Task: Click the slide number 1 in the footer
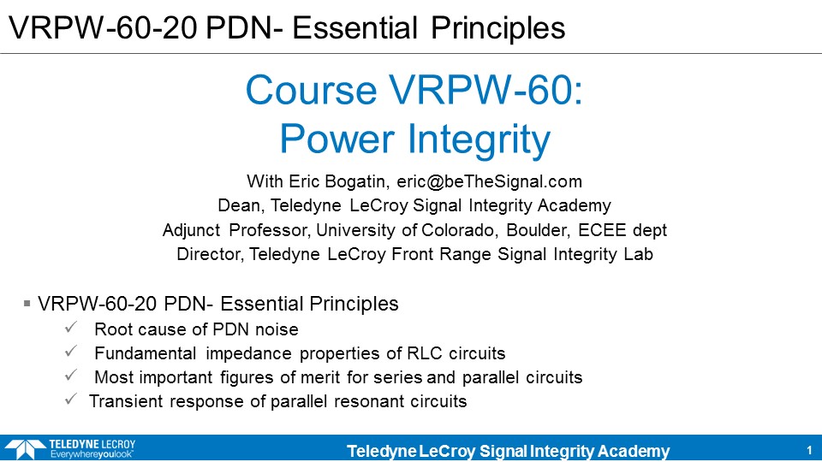point(809,451)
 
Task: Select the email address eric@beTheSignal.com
point(489,181)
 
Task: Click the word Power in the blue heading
point(337,139)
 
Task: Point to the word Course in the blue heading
point(311,90)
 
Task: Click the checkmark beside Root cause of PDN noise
point(71,328)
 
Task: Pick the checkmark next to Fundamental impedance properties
point(71,351)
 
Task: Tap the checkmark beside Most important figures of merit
point(71,375)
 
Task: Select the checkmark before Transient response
point(71,400)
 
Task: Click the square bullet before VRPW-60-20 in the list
point(27,303)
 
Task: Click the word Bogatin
point(357,181)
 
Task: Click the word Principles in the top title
point(498,27)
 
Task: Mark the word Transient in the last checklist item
point(126,401)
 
